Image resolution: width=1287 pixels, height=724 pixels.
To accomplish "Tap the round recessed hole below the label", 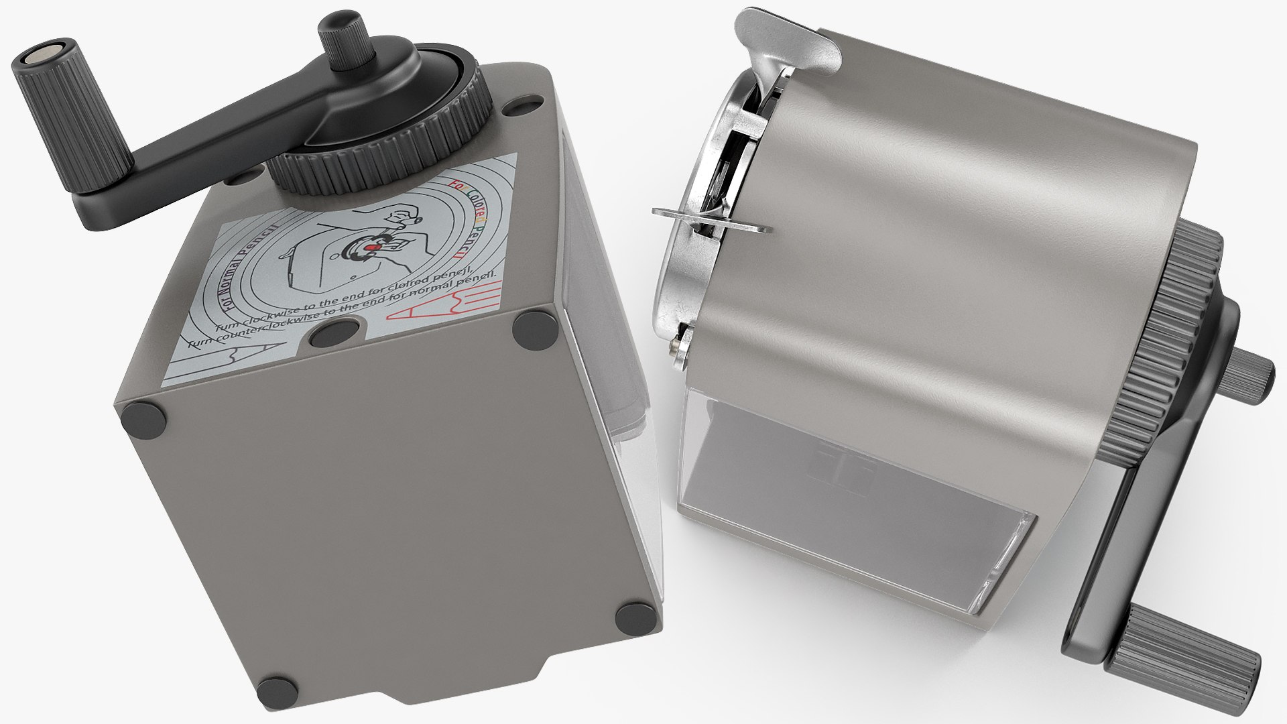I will coord(336,330).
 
